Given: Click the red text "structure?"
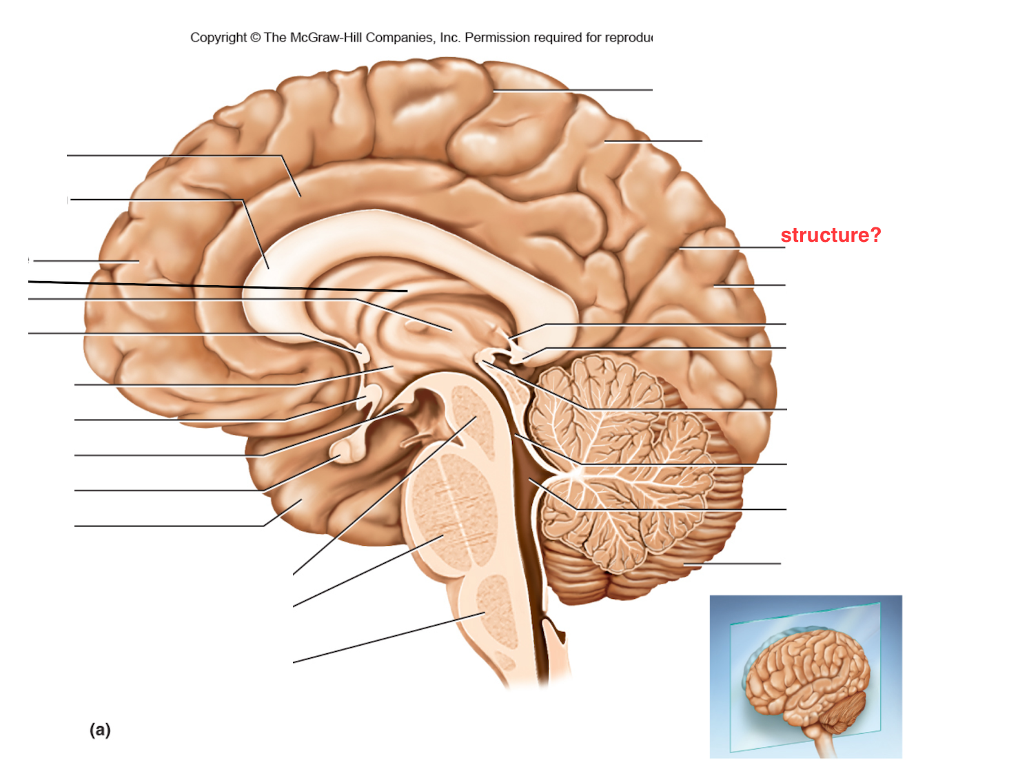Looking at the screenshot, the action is click(x=830, y=235).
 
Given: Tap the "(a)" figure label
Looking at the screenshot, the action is click(x=100, y=730).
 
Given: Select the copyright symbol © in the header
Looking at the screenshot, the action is click(x=255, y=37).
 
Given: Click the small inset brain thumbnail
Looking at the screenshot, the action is click(x=806, y=676).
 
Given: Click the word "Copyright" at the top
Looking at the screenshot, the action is click(x=218, y=38).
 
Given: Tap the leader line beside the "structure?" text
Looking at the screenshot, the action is click(x=732, y=248).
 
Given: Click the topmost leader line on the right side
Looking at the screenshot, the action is click(x=572, y=90).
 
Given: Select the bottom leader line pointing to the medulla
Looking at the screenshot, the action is click(x=389, y=637).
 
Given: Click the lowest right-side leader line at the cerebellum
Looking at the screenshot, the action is click(x=732, y=564).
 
